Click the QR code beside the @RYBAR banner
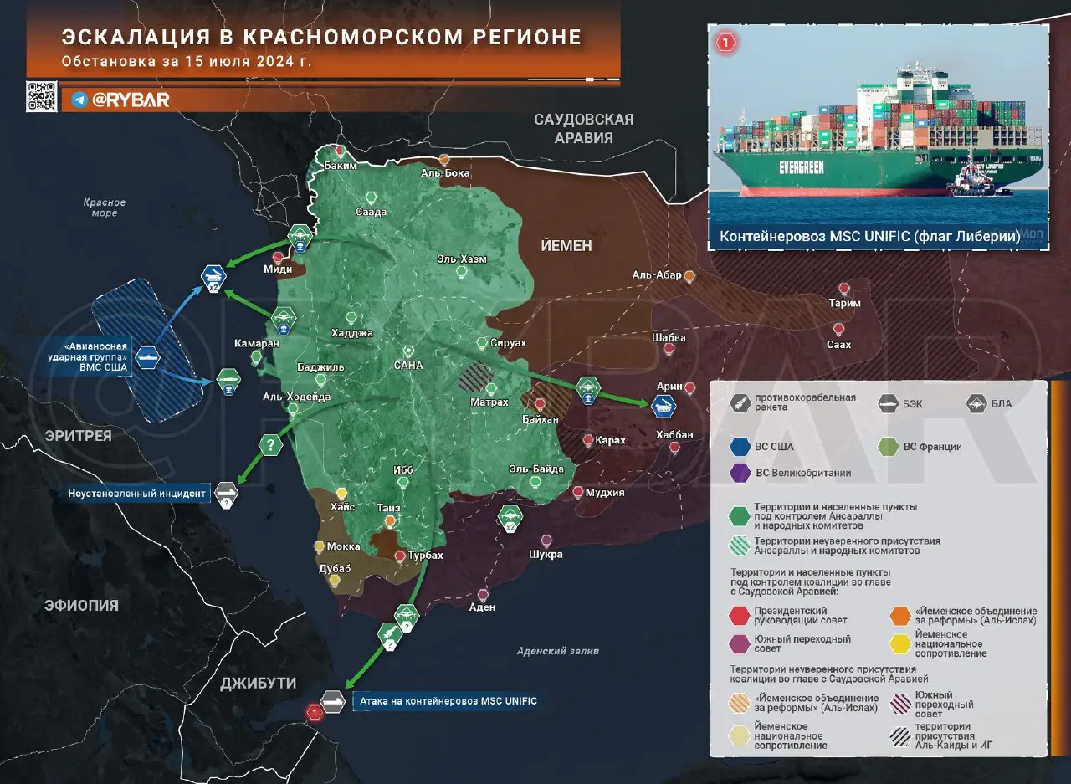(42, 97)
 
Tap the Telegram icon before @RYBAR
(79, 100)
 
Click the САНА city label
(408, 366)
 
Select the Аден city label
(482, 607)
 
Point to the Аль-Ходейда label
(296, 397)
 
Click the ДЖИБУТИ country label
(258, 683)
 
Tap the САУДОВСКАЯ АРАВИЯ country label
(584, 129)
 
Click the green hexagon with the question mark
(270, 444)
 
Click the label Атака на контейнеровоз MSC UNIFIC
(447, 701)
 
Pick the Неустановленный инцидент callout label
(138, 494)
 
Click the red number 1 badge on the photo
(725, 42)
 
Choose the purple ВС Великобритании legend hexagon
(740, 473)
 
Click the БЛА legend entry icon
(976, 403)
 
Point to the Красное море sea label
(105, 208)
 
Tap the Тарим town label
(844, 303)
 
